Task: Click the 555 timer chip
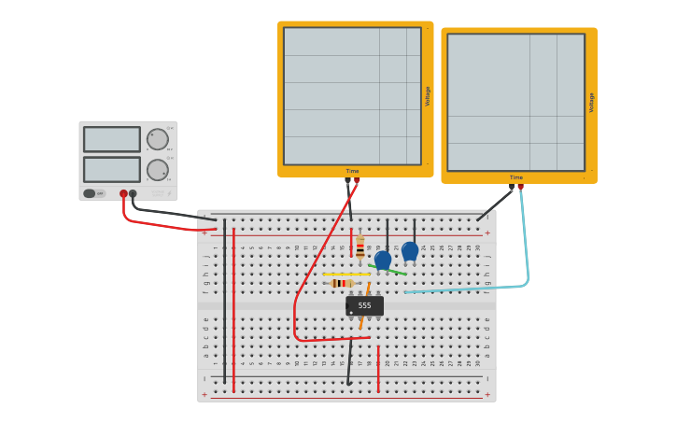pyautogui.click(x=364, y=305)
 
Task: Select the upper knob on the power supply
pyautogui.click(x=157, y=140)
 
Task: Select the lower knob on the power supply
pyautogui.click(x=157, y=170)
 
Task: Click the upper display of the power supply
pyautogui.click(x=112, y=139)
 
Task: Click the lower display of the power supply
pyautogui.click(x=112, y=169)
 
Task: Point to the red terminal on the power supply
pyautogui.click(x=123, y=193)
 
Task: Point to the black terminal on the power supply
pyautogui.click(x=133, y=193)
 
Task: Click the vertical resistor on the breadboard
pyautogui.click(x=360, y=248)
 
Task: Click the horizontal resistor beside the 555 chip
pyautogui.click(x=342, y=283)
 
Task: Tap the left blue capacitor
pyautogui.click(x=383, y=260)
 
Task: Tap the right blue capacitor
pyautogui.click(x=410, y=251)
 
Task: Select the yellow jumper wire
pyautogui.click(x=346, y=275)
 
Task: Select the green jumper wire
pyautogui.click(x=388, y=270)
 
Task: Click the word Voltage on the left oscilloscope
pyautogui.click(x=428, y=95)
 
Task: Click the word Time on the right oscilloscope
pyautogui.click(x=516, y=177)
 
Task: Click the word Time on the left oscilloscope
pyautogui.click(x=352, y=171)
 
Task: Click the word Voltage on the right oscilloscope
pyautogui.click(x=591, y=102)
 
